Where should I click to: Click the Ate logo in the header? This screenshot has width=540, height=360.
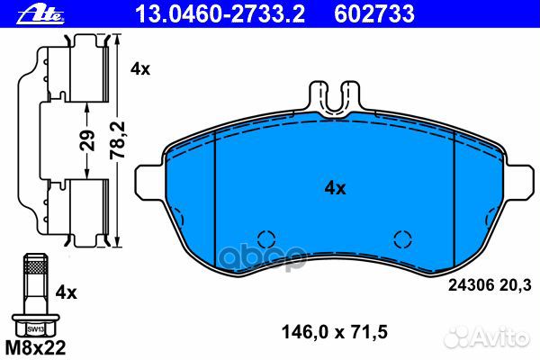pyautogui.click(x=41, y=14)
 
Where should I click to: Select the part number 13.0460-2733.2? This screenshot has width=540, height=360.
pyautogui.click(x=220, y=14)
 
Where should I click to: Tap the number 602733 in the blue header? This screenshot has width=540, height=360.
pyautogui.click(x=374, y=14)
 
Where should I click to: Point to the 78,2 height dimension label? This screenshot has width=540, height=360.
pyautogui.click(x=118, y=140)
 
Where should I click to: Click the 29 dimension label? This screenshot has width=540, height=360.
pyautogui.click(x=87, y=140)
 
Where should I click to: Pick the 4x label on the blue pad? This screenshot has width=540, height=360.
pyautogui.click(x=335, y=188)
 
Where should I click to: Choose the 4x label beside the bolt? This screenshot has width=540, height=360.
pyautogui.click(x=66, y=292)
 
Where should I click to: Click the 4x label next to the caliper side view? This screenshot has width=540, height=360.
pyautogui.click(x=140, y=69)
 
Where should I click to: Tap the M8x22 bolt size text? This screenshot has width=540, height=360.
pyautogui.click(x=35, y=348)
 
